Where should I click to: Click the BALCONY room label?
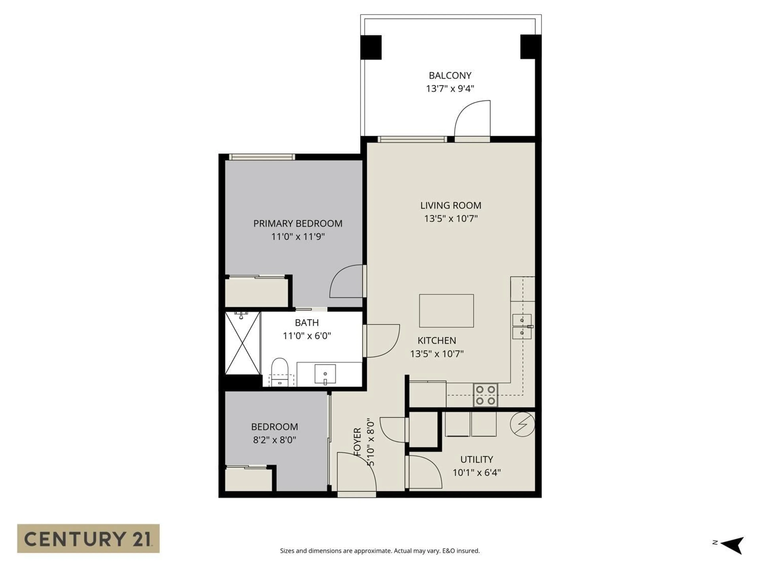click(x=450, y=75)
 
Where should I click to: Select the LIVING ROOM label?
click(x=450, y=205)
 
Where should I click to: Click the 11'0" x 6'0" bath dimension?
click(x=306, y=336)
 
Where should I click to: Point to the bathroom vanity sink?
click(x=325, y=374)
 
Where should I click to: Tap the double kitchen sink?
click(x=522, y=326)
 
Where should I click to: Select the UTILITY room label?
click(x=477, y=459)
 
